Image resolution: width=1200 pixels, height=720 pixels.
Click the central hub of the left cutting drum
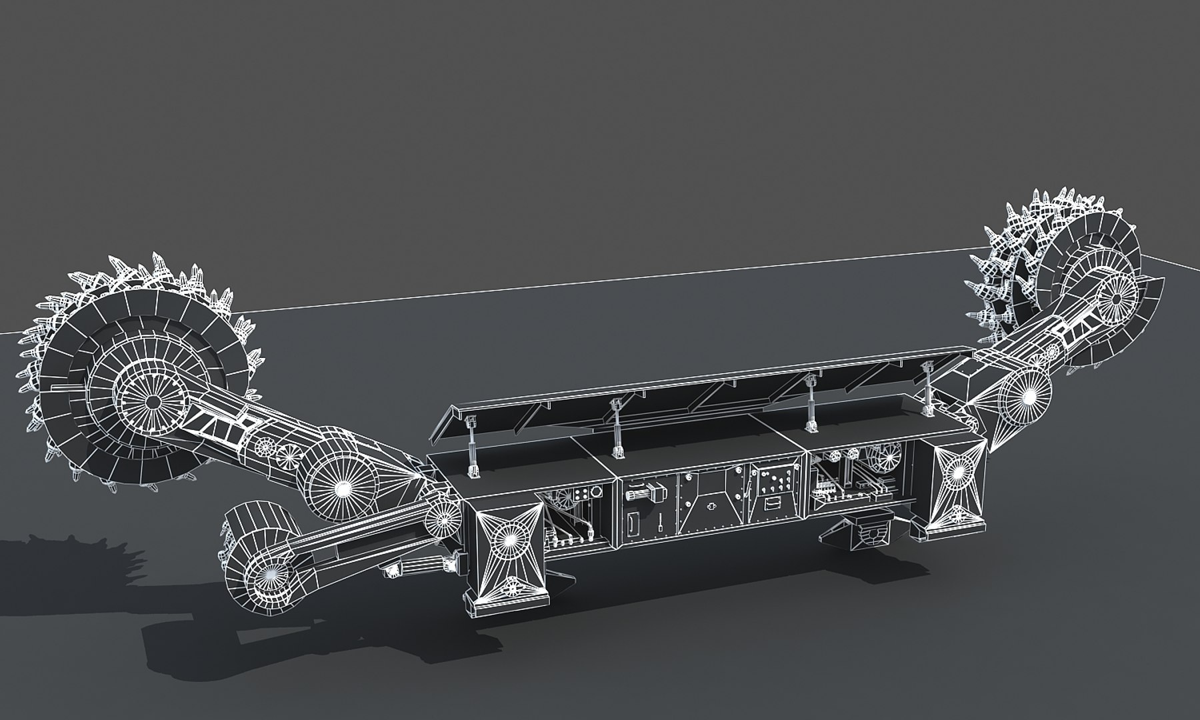(x=153, y=402)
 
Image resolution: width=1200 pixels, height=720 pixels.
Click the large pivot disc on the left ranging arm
(x=342, y=489)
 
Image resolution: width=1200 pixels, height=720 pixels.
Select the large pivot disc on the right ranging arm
(x=1024, y=397)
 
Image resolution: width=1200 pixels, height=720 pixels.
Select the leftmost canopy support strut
(x=472, y=445)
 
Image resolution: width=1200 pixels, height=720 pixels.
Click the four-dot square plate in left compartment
(x=585, y=494)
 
